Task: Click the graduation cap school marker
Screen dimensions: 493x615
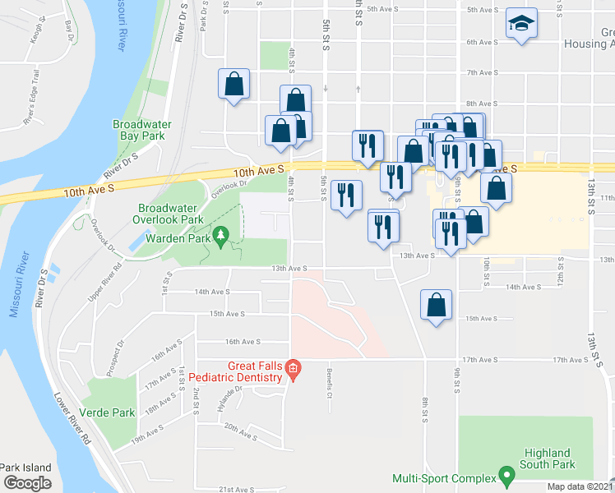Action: point(520,25)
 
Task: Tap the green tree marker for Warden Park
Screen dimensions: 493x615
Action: point(220,238)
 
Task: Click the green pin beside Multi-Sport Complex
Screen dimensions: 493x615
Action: point(506,476)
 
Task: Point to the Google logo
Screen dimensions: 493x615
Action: point(26,483)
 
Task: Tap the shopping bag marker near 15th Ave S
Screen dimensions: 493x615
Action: point(436,306)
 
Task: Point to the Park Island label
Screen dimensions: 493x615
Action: point(25,468)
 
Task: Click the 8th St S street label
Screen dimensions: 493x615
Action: point(426,408)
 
